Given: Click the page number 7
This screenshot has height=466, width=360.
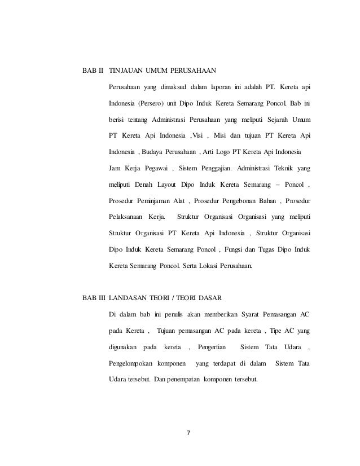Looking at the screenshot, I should pyautogui.click(x=188, y=433).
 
